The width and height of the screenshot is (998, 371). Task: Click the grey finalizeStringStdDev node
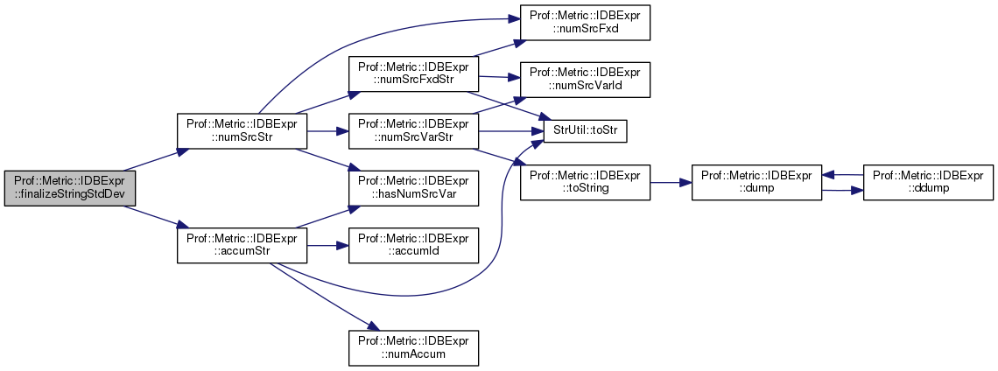pos(69,189)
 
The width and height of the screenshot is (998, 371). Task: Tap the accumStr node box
pos(242,245)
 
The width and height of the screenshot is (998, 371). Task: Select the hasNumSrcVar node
pos(413,188)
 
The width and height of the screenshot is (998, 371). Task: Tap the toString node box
pos(585,182)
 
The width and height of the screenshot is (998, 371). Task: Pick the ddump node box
pos(928,182)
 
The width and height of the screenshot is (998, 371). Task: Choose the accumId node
pos(413,245)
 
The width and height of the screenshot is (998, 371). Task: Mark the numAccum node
pos(413,346)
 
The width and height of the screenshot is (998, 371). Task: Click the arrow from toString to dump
pos(671,182)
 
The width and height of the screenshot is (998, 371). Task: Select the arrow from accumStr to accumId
pos(327,245)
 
